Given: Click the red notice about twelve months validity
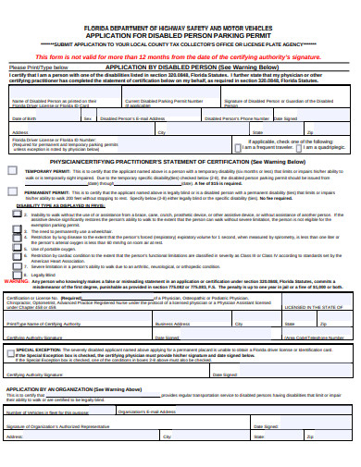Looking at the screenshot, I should point(180,56).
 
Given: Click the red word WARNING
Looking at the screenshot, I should point(17,282).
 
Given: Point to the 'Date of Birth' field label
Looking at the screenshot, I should point(25,118).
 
